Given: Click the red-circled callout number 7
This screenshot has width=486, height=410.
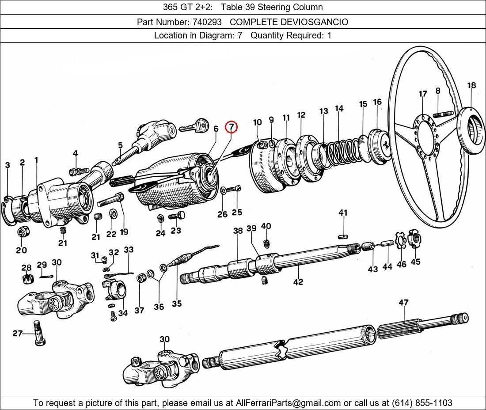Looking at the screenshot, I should click(231, 127).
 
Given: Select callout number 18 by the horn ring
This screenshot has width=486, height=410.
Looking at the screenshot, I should click(471, 86).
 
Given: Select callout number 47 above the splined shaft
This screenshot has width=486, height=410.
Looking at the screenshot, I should click(403, 303).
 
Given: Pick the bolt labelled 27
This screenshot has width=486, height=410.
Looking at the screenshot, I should click(38, 334).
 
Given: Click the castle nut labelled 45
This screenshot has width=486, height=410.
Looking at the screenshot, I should click(414, 240).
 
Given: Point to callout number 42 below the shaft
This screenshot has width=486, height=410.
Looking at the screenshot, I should click(298, 281).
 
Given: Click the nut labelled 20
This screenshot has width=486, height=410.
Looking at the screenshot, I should click(22, 232).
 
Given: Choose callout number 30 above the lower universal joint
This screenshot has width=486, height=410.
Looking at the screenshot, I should click(164, 339).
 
